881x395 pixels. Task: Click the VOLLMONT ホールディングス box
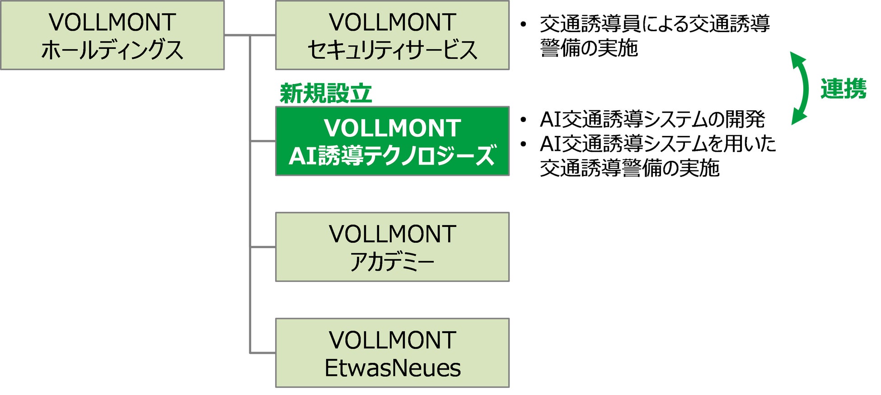coord(112,35)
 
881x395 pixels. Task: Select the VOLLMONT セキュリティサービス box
coord(392,35)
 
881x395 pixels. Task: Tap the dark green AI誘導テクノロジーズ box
coord(392,141)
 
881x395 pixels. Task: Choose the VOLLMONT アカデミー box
coord(392,247)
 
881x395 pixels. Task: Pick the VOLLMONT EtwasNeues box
coord(392,353)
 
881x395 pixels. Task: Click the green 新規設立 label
coord(325,94)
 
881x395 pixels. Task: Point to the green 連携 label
coord(843,89)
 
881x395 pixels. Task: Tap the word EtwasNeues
coord(392,367)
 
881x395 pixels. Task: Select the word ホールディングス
coord(112,50)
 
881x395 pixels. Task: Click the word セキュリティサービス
coord(392,50)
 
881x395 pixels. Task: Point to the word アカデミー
coord(392,262)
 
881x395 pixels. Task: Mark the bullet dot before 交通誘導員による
coord(523,24)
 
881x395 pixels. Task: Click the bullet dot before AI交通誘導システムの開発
coord(523,120)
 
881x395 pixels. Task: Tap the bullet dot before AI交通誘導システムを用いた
coord(523,144)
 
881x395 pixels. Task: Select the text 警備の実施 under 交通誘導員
coord(589,48)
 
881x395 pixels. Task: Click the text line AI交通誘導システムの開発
coord(652,120)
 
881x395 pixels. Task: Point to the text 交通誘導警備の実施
coord(629,168)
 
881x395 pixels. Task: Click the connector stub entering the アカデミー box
coord(262,247)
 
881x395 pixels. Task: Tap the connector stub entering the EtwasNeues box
coord(262,353)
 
